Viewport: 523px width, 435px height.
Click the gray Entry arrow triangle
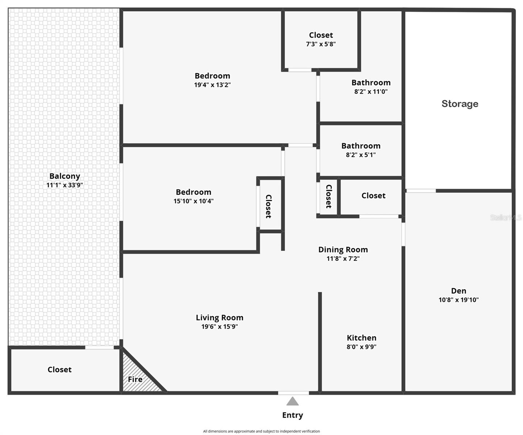[x=292, y=401]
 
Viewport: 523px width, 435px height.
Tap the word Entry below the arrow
[x=292, y=415]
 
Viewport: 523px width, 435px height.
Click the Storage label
[x=460, y=104]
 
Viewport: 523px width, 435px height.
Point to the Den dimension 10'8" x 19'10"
[x=458, y=300]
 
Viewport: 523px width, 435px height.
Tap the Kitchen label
[x=361, y=338]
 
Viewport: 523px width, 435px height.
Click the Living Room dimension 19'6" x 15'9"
[x=220, y=327]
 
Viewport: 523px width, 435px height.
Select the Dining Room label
[x=343, y=249]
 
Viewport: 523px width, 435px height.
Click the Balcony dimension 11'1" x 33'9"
[x=65, y=185]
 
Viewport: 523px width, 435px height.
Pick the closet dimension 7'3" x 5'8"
[x=321, y=44]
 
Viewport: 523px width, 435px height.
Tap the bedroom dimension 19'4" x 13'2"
[x=212, y=85]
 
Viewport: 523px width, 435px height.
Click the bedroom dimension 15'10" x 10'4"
[x=194, y=201]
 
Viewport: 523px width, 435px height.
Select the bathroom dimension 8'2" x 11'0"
[x=371, y=92]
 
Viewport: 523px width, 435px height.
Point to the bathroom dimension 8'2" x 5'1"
[x=361, y=155]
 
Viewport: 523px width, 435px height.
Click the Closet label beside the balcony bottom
[x=59, y=369]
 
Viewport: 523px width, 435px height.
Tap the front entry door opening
[x=294, y=393]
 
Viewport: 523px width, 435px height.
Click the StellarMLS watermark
[x=506, y=217]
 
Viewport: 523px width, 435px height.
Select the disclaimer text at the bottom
[x=261, y=431]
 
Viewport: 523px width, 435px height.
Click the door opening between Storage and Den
[x=421, y=191]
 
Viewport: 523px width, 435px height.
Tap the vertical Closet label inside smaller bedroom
[x=269, y=206]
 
